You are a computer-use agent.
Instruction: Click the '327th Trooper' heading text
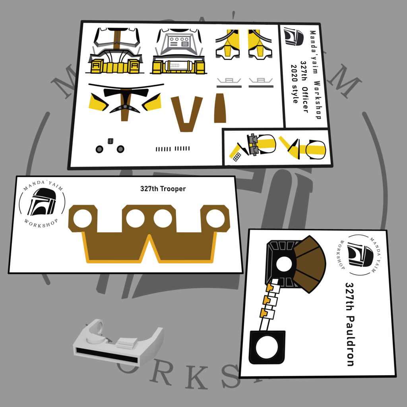coord(163,189)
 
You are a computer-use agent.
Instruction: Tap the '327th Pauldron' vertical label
coord(350,324)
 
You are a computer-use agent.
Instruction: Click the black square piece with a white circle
coord(267,347)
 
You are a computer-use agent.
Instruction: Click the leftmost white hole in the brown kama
coord(83,219)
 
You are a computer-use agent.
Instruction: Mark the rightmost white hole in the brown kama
coord(215,218)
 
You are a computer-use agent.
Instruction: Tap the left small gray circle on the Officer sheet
coord(99,149)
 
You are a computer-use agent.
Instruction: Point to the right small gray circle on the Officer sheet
coord(120,149)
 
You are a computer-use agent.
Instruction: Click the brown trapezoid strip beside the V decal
coord(220,108)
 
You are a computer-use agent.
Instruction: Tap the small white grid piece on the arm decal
coord(237,156)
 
